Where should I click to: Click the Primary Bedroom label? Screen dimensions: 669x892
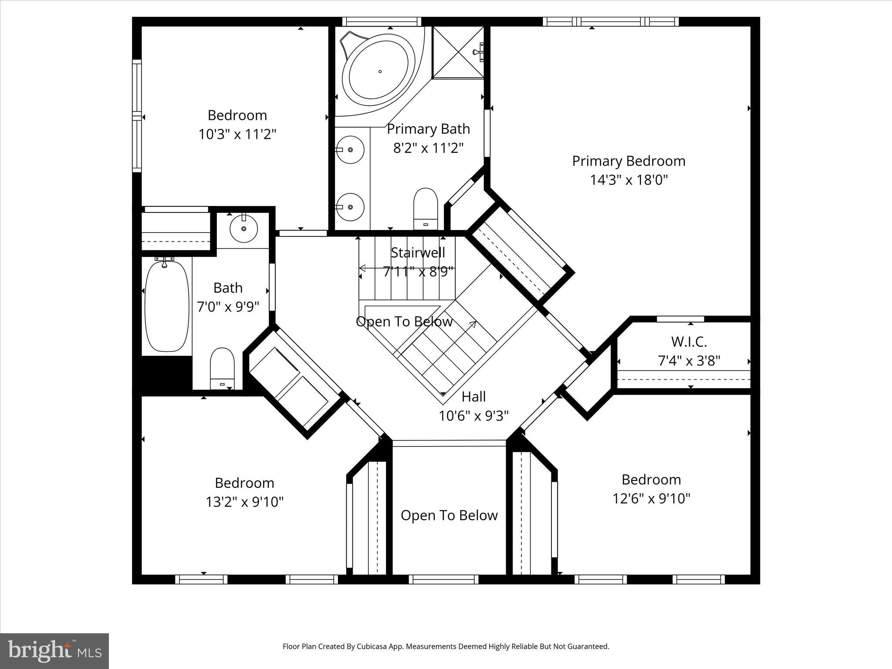628,161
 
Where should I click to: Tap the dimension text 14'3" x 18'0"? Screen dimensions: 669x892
628,180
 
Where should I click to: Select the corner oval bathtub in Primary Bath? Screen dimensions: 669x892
378,71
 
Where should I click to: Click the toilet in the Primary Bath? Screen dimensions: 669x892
425,208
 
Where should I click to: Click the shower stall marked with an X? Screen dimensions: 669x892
457,53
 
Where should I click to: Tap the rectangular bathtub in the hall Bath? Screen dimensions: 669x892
167,304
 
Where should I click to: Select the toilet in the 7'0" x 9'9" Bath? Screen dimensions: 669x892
222,368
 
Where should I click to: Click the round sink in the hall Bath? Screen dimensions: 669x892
243,228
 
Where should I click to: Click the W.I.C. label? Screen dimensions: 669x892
689,342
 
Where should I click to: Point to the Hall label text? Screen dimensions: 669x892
473,397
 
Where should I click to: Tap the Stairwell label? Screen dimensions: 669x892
418,253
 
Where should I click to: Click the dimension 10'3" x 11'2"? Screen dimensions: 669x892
237,134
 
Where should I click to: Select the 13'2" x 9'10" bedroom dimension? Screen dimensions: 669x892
244,502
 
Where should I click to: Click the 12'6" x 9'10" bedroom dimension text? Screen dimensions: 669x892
651,498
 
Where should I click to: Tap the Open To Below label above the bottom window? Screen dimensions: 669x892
449,516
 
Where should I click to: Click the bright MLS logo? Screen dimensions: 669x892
54,651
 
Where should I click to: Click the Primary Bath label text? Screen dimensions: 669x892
428,129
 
